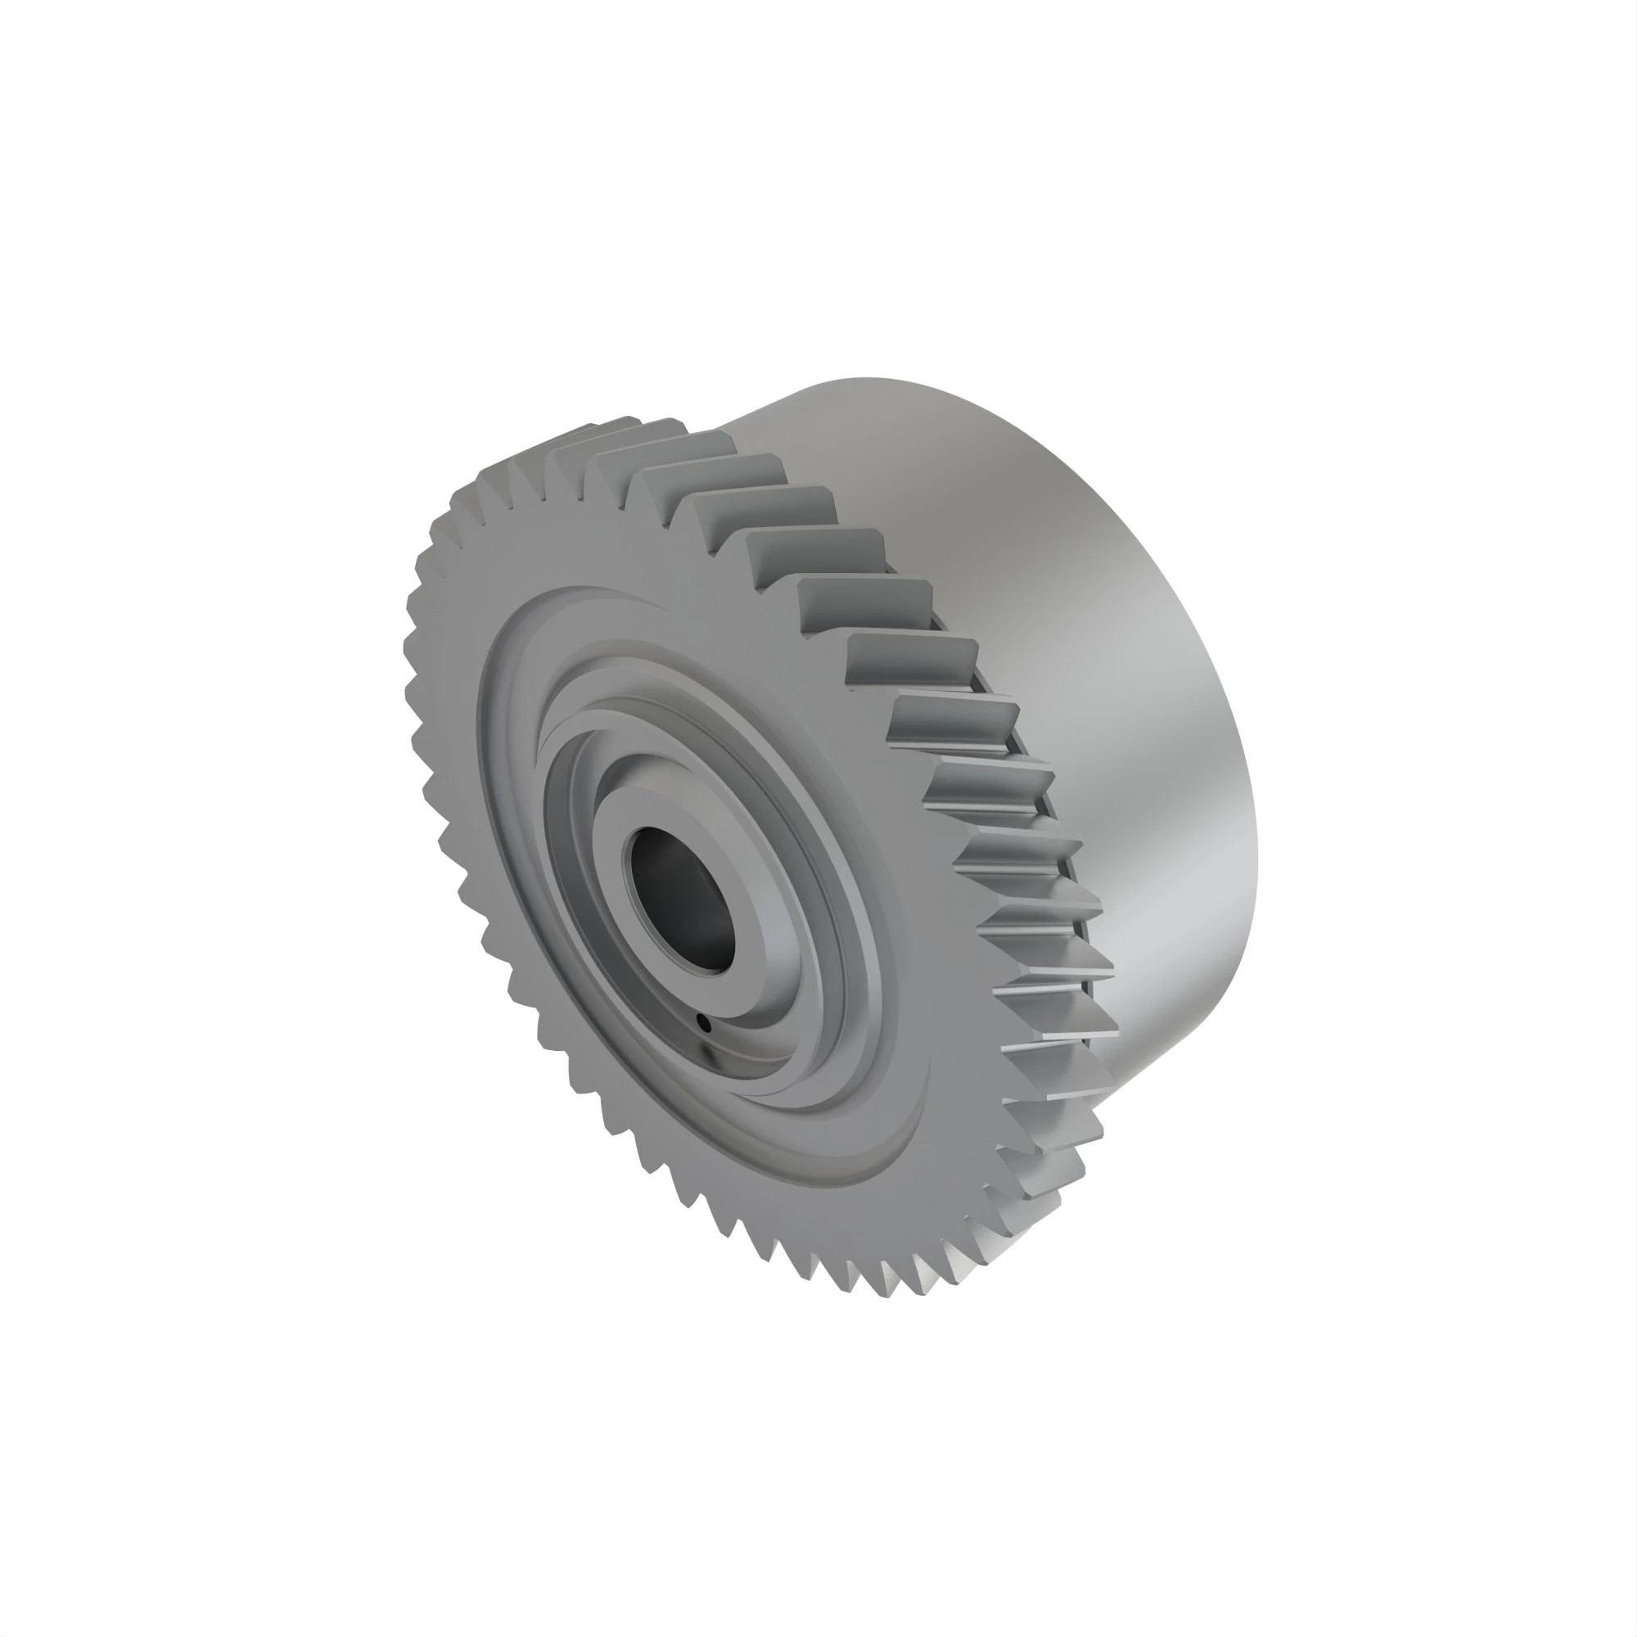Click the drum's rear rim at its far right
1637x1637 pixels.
(x=1256, y=847)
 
